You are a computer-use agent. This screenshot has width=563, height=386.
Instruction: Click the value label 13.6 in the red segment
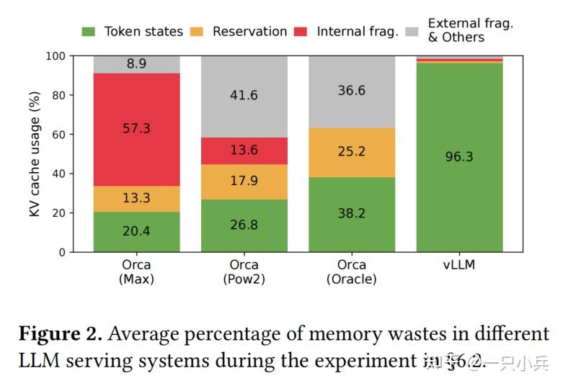coord(244,151)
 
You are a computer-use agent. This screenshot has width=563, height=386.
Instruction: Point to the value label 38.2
coord(352,214)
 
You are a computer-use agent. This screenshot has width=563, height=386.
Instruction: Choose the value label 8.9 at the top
coord(136,64)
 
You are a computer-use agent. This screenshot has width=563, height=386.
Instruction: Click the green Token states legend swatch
coord(89,32)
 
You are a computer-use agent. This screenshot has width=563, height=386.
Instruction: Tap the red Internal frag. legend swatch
coord(301,32)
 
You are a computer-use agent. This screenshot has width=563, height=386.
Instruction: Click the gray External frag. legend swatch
coord(413,32)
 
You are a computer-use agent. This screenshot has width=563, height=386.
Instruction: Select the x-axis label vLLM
coord(459,265)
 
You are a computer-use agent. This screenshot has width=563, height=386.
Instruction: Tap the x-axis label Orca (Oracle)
coord(352,271)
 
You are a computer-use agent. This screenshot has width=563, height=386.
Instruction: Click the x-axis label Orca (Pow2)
coord(244,271)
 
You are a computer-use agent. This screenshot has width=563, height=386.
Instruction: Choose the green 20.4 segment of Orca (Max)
coord(137,232)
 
